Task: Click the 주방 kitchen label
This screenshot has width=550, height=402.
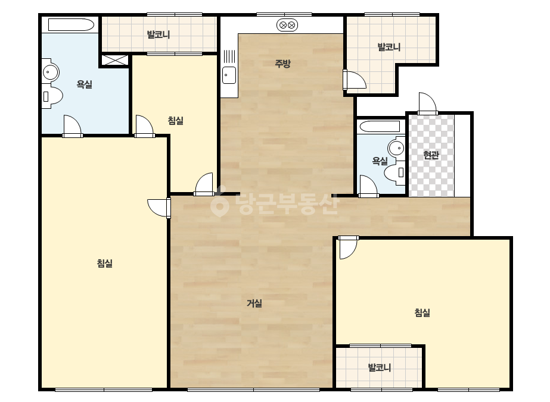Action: (x=282, y=64)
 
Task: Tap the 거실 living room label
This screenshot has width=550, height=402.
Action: (x=254, y=303)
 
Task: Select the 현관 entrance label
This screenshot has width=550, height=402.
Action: (x=431, y=155)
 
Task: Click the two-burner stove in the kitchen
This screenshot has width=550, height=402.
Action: (x=287, y=25)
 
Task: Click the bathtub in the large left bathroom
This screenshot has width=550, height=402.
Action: (x=71, y=25)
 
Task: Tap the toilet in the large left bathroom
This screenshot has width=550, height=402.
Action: (x=52, y=96)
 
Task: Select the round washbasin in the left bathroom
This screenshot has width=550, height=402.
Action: (x=51, y=73)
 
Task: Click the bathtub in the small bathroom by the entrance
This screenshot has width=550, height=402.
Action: (x=380, y=127)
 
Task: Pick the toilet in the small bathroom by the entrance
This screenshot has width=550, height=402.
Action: (x=394, y=172)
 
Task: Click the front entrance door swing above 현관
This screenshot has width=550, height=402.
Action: (x=428, y=103)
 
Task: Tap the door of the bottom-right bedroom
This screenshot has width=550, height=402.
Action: (x=348, y=247)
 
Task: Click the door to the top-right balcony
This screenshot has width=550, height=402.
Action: (x=355, y=80)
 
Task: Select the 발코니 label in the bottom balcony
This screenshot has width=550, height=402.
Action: (x=379, y=368)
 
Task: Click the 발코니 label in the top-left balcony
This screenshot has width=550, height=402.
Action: (x=159, y=34)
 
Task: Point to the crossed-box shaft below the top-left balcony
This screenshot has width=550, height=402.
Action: (x=115, y=60)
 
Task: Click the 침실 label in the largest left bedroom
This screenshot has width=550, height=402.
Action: (x=104, y=263)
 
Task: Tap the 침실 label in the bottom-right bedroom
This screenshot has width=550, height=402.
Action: (x=422, y=312)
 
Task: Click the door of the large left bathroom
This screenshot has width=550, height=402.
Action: (x=73, y=126)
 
